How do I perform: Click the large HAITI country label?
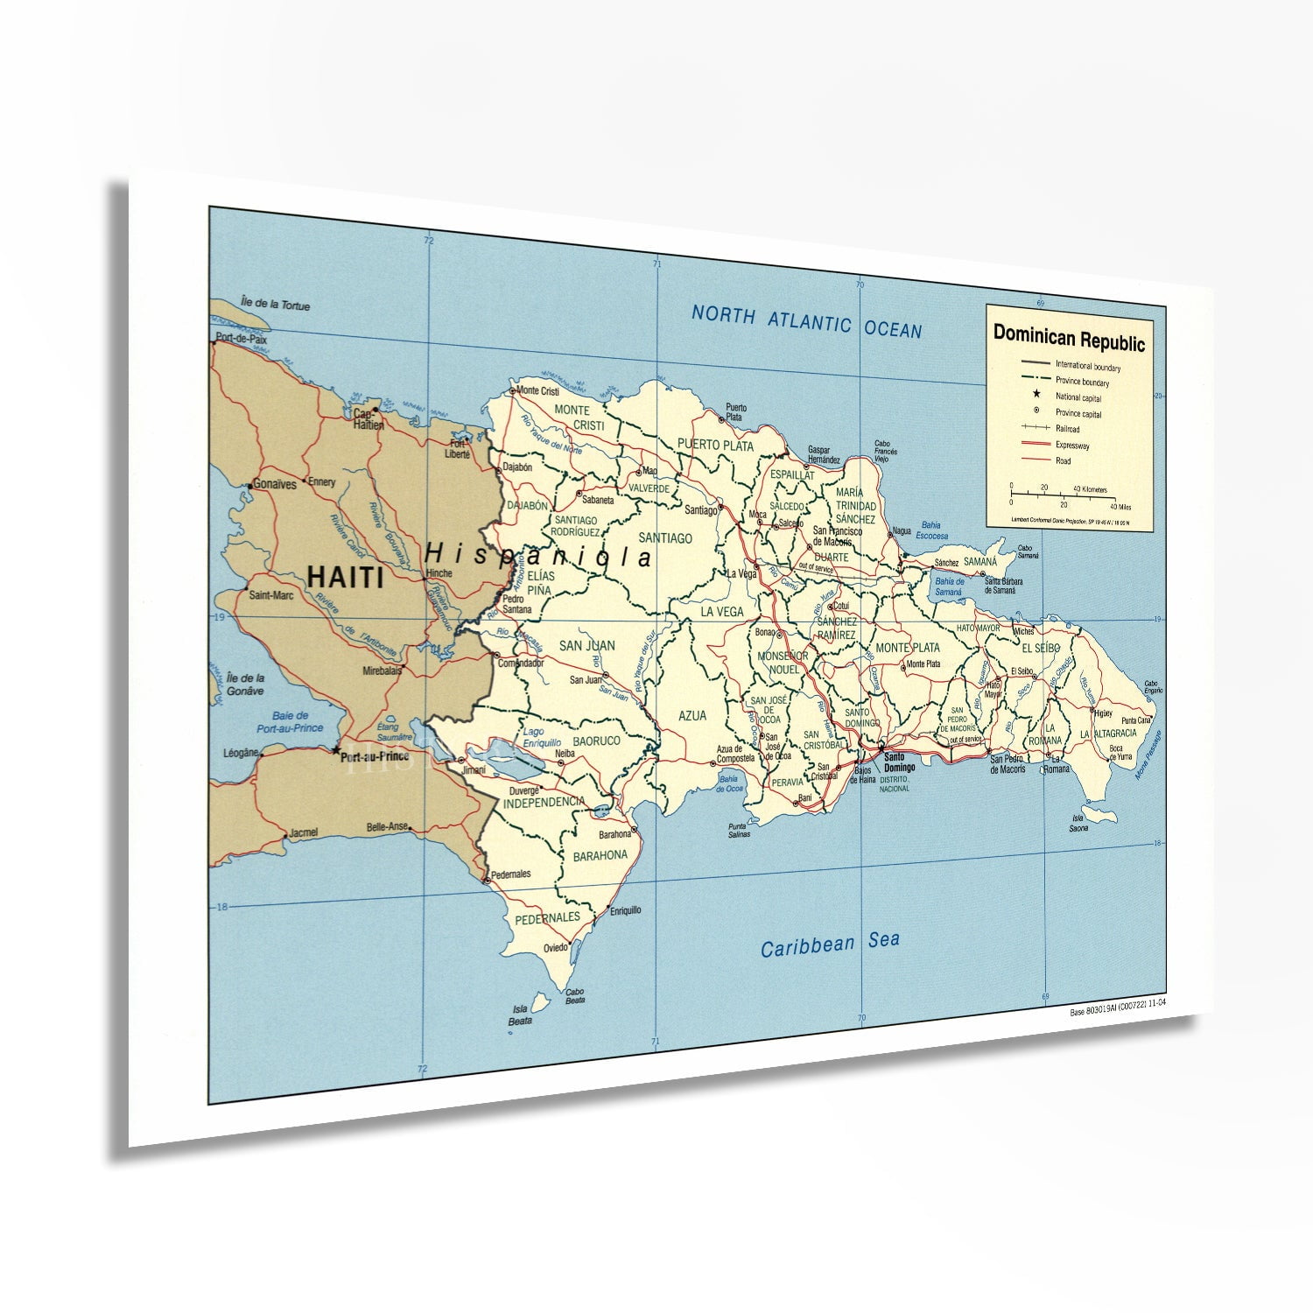click(345, 578)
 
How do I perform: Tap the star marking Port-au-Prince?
click(335, 750)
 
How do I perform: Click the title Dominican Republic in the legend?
click(1068, 337)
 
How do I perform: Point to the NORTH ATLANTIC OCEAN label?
click(806, 321)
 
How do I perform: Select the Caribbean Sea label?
click(829, 944)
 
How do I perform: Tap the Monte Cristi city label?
click(537, 391)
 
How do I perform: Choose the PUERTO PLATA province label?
click(715, 446)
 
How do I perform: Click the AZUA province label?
click(692, 716)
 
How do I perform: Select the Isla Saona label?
click(1078, 824)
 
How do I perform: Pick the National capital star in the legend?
click(1036, 396)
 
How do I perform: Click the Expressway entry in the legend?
click(1071, 446)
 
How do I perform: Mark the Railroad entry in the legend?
click(1067, 430)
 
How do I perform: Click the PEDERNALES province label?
click(547, 918)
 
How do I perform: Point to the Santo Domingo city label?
click(899, 762)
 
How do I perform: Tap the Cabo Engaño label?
click(1151, 687)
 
